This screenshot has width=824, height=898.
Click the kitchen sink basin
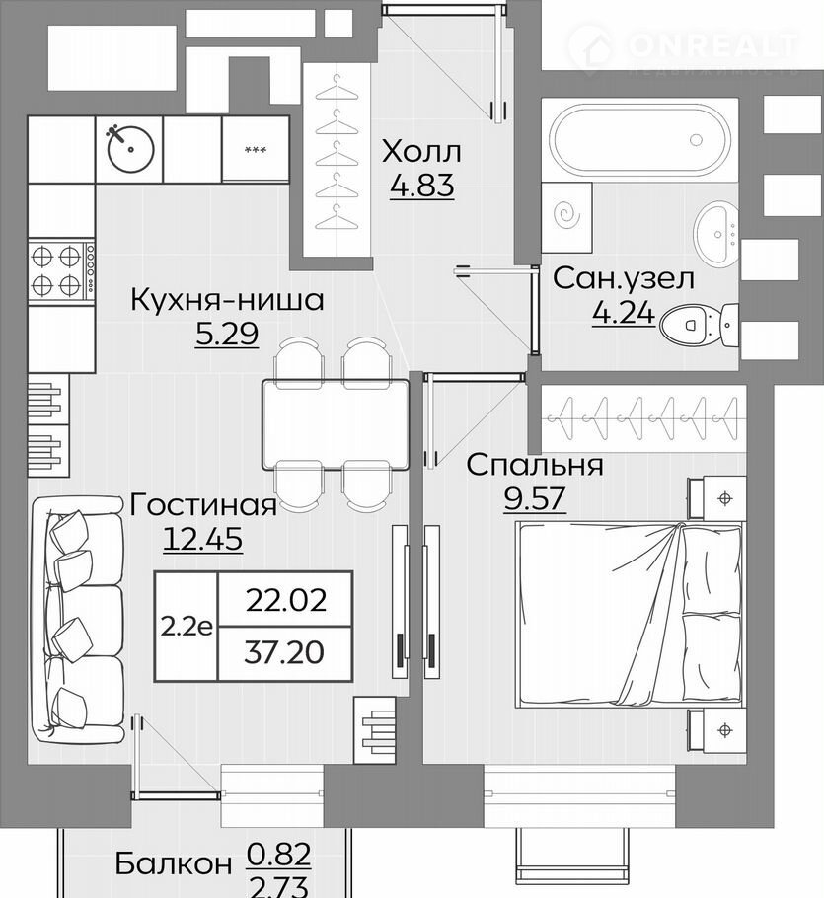pos(130,148)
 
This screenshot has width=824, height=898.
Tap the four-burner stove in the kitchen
pos(61,271)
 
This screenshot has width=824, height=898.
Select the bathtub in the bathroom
pos(639,140)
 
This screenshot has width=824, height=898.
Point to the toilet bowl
pos(699,325)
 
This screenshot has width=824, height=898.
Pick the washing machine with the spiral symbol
pos(566,217)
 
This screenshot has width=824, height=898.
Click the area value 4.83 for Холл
pos(422,186)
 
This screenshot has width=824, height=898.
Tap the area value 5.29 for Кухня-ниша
pos(227,334)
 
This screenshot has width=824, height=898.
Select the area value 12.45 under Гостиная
pos(202,539)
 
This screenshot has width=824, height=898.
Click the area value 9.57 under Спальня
pos(534,498)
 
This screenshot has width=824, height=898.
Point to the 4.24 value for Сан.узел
pos(624,313)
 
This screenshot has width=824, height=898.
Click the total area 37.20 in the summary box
pos(284,652)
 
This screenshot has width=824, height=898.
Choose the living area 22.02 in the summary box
pos(286,600)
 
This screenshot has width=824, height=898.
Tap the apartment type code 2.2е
pos(187,627)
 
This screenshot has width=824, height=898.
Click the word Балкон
pos(174,864)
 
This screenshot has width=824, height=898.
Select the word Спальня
pos(535,465)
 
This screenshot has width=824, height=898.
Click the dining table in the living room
pos(336,424)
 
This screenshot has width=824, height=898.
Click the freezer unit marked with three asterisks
pos(256,149)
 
